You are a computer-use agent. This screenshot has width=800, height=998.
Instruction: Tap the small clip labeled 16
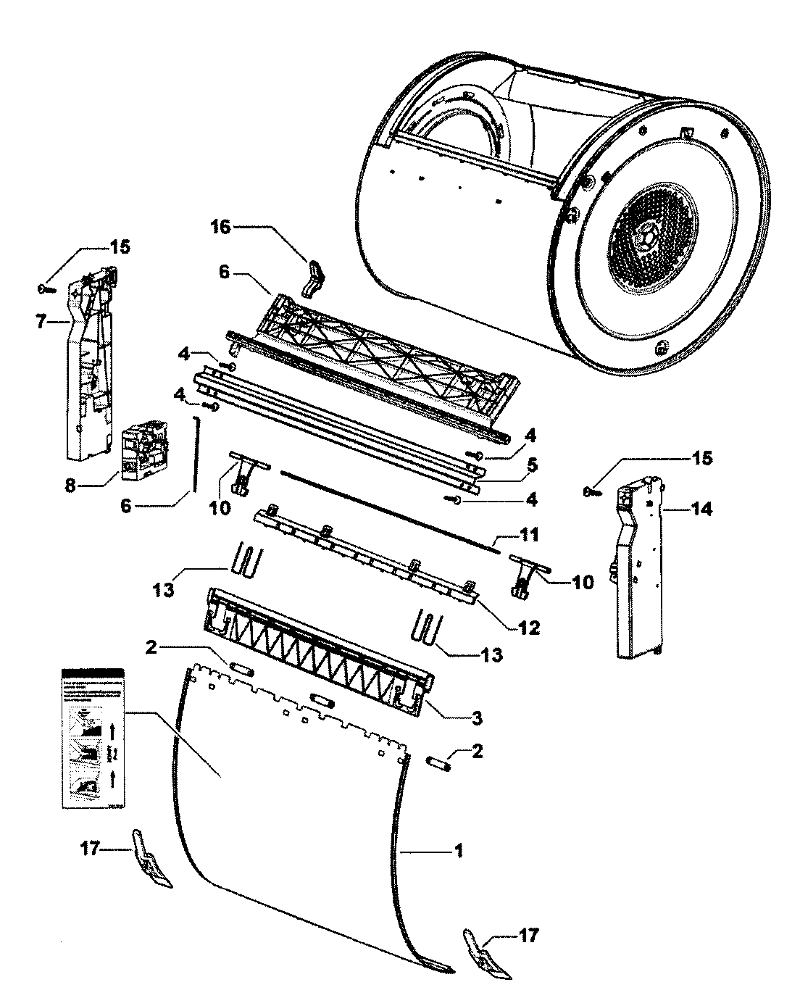(x=314, y=280)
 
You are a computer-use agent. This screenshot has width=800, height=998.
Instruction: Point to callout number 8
(x=70, y=486)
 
